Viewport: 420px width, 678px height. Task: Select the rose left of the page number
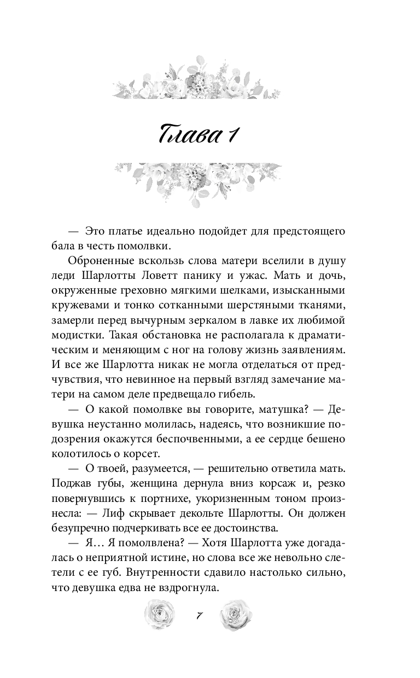pos(158,614)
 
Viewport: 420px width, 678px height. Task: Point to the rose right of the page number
pos(236,614)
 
